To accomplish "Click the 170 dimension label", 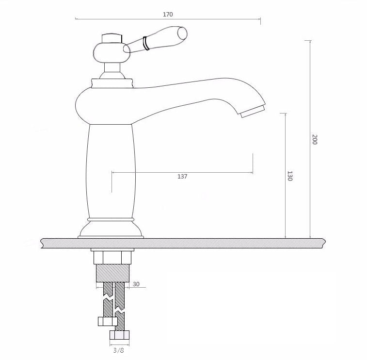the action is point(168,14).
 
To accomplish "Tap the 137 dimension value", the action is point(182,177).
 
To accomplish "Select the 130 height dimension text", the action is point(289,176).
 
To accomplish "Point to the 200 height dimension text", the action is point(314,139).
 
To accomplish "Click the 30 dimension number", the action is point(136,284).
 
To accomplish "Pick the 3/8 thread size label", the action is point(118,350).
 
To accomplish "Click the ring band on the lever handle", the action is point(146,43).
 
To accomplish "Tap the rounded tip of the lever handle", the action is point(183,33).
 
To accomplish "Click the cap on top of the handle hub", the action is point(112,39).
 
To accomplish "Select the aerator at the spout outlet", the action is point(253,112).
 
